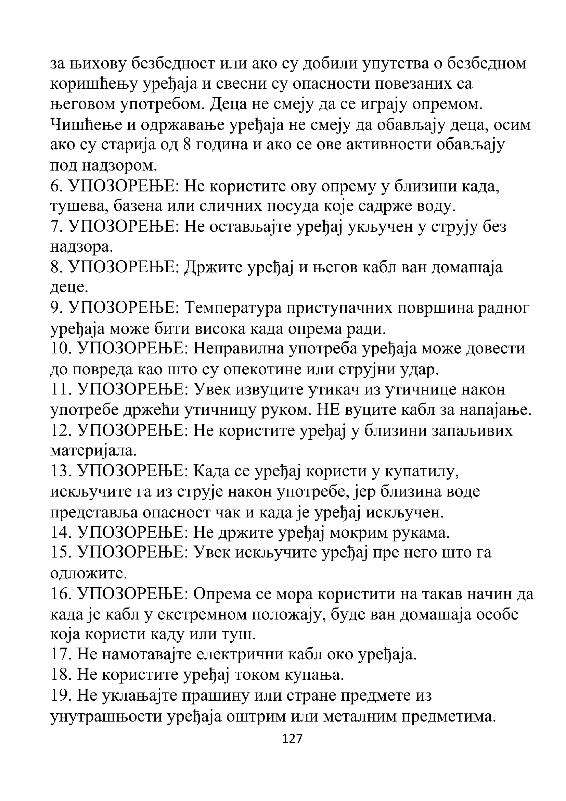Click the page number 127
(x=292, y=739)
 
